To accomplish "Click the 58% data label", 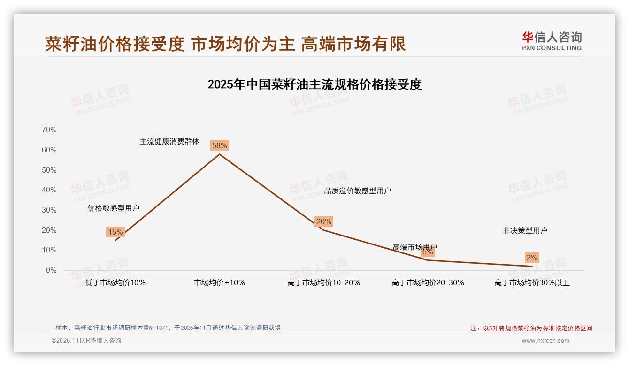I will (219, 145).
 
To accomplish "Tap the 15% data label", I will (115, 232).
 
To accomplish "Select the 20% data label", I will (323, 221).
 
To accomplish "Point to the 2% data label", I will (531, 258).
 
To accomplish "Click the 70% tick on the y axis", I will (49, 130).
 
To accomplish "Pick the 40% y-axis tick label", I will (49, 190).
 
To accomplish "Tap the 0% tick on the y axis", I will (51, 270).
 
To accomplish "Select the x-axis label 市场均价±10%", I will (219, 283).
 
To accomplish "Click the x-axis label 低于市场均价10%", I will (115, 283).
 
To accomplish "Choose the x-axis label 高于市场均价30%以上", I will (531, 283).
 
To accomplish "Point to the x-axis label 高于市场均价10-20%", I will (323, 283).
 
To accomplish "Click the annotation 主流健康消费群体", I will (169, 141).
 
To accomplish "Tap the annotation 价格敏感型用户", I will (114, 208).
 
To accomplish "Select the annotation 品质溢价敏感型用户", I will (358, 191).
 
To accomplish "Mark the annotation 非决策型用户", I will (525, 230).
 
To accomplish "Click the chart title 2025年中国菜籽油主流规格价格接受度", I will (314, 84).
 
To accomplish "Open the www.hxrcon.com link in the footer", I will (545, 341).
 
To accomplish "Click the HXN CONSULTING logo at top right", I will (552, 41).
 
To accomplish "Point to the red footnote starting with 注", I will (531, 328).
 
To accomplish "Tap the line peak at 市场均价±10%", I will (219, 154).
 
